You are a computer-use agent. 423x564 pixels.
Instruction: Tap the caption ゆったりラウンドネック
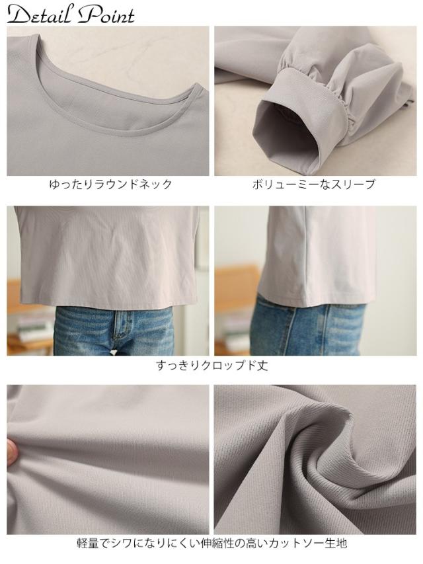[110, 185]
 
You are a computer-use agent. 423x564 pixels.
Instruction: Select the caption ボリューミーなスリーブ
[313, 185]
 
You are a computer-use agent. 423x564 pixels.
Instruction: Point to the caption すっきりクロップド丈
[211, 365]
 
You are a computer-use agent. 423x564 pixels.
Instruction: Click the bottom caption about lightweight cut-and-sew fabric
[211, 544]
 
